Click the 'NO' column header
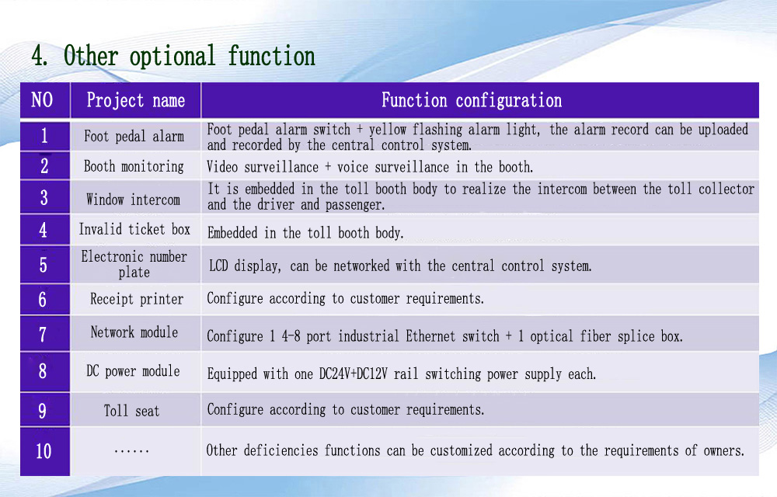(x=42, y=100)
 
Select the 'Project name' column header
(x=136, y=100)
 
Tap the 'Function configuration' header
(x=472, y=100)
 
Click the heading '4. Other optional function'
(x=173, y=55)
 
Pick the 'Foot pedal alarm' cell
(x=134, y=136)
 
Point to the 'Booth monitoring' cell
(x=134, y=166)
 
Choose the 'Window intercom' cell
(x=134, y=200)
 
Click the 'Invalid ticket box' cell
(x=134, y=229)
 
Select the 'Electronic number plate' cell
(x=134, y=264)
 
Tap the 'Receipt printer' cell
(x=137, y=299)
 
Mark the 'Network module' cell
(x=134, y=332)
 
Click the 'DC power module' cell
(x=133, y=370)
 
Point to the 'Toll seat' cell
(x=132, y=411)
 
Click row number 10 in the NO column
(x=44, y=451)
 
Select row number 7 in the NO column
(x=43, y=335)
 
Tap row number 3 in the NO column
(x=44, y=198)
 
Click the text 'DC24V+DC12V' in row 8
(x=354, y=374)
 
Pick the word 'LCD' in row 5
(x=218, y=266)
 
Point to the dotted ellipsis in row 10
(x=131, y=451)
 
